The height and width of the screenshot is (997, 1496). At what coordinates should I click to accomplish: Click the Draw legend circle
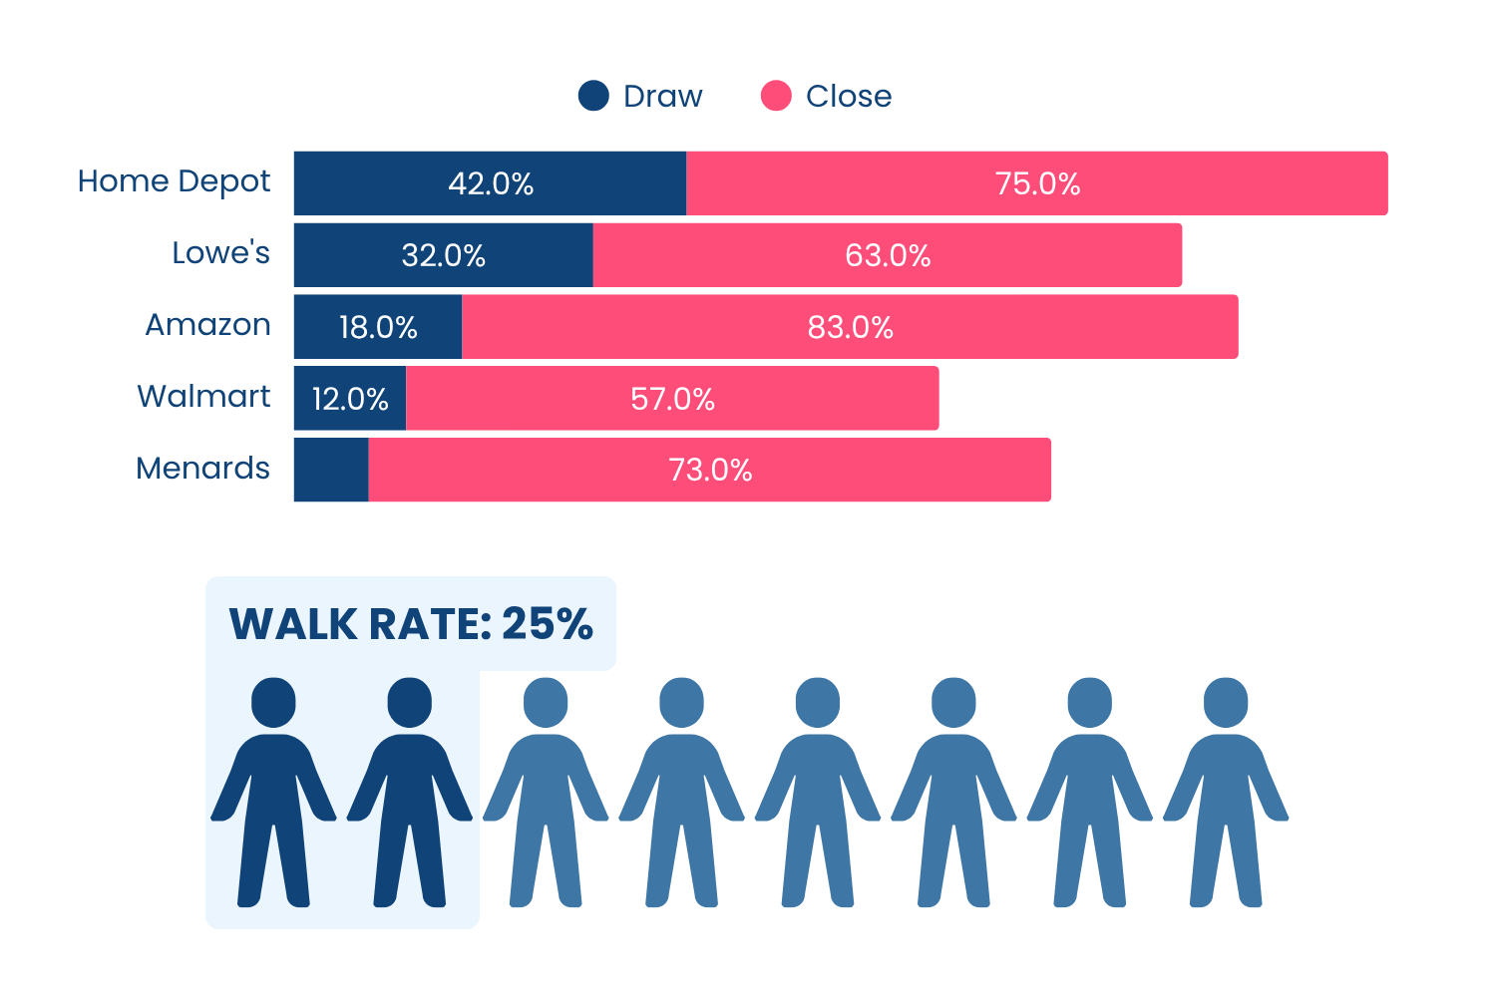tap(593, 96)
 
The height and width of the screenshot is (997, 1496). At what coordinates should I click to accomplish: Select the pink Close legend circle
tap(776, 96)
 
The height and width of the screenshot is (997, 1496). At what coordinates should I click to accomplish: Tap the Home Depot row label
tap(174, 181)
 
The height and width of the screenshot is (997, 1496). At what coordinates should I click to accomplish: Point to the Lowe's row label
tap(221, 252)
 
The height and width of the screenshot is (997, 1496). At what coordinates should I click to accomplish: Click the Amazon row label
tap(207, 325)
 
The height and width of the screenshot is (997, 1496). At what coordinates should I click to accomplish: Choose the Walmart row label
tap(203, 396)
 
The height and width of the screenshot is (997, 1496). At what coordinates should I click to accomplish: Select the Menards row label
tap(203, 468)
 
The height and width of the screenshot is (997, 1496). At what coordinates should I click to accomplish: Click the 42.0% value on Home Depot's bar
tap(491, 183)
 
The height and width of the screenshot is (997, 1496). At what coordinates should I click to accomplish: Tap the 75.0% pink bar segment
tap(1037, 183)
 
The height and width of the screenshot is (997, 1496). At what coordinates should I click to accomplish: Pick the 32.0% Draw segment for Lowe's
tap(444, 255)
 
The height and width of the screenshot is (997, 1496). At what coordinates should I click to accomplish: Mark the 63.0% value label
tap(888, 255)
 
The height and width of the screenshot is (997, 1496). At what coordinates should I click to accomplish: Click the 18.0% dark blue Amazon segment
tap(378, 327)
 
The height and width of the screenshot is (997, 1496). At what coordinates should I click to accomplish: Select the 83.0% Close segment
tap(850, 327)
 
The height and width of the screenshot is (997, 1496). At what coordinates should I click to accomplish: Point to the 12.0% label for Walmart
tap(350, 399)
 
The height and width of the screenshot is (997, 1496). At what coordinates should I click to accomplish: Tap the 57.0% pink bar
tap(672, 398)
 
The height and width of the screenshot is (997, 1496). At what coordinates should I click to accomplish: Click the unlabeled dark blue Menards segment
tap(331, 470)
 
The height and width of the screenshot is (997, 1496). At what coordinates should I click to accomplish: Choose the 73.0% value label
tap(710, 471)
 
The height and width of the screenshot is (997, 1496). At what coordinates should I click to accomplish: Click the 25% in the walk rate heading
tap(547, 624)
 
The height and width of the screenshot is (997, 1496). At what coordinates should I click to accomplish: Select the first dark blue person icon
tap(273, 792)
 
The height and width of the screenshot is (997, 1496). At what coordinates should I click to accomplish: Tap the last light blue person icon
tap(1226, 792)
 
